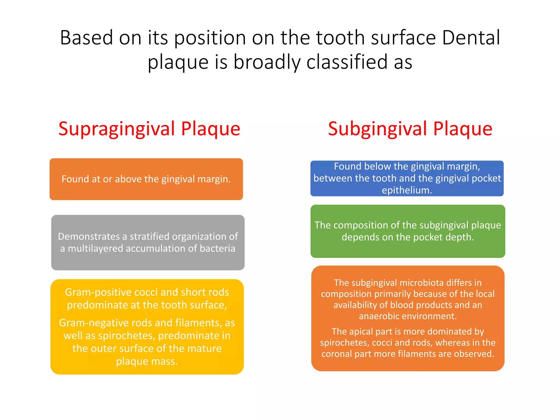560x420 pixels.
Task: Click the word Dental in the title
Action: click(x=471, y=38)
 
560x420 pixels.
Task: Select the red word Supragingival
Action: click(x=116, y=129)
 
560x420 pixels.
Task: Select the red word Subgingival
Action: click(x=377, y=129)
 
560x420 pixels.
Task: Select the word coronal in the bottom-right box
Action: click(x=337, y=354)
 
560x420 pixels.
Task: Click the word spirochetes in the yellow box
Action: click(x=127, y=336)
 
